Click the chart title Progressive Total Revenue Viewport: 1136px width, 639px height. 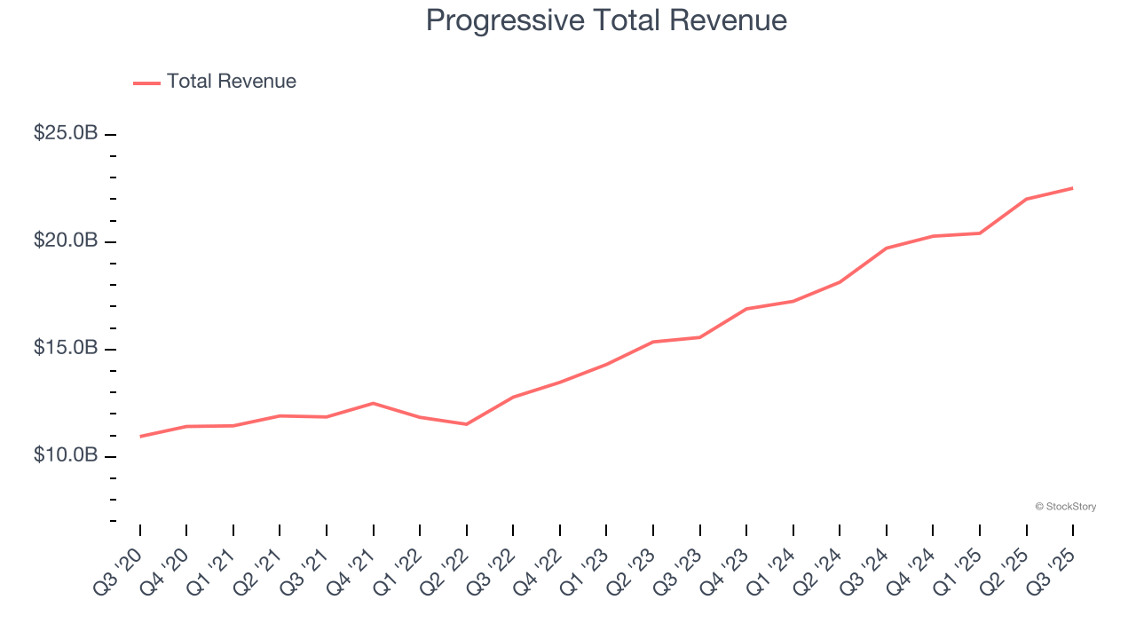coord(606,20)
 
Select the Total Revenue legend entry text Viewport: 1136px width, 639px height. coord(231,82)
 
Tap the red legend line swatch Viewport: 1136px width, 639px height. coord(146,83)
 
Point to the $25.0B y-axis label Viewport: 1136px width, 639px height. coord(66,133)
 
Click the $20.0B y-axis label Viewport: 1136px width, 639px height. coord(66,241)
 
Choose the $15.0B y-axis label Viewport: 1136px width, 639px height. coord(66,348)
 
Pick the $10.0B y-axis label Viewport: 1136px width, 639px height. coord(66,455)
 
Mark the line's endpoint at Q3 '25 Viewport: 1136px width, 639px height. coord(1073,188)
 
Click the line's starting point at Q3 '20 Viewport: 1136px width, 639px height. coord(140,437)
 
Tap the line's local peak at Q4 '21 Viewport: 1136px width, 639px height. coord(373,403)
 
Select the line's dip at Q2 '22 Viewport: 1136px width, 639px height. coord(467,424)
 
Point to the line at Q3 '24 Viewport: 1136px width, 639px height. coord(887,248)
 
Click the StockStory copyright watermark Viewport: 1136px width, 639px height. coord(1065,507)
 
